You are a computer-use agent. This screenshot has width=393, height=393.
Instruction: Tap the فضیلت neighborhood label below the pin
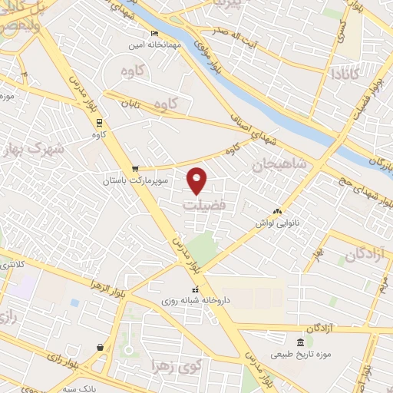pyautogui.click(x=204, y=206)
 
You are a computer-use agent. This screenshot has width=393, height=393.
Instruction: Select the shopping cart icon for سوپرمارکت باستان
pyautogui.click(x=136, y=169)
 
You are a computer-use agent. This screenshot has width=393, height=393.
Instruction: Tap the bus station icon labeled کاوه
pyautogui.click(x=98, y=123)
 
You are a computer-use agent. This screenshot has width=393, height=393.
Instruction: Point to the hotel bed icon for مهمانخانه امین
pyautogui.click(x=155, y=34)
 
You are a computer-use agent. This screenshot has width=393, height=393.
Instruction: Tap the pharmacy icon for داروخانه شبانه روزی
pyautogui.click(x=195, y=289)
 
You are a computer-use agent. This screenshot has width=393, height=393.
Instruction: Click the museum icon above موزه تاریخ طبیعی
pyautogui.click(x=300, y=342)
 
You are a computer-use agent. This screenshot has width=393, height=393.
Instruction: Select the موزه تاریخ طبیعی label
pyautogui.click(x=299, y=354)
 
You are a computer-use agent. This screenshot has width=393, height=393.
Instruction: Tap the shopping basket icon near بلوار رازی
pyautogui.click(x=101, y=347)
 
